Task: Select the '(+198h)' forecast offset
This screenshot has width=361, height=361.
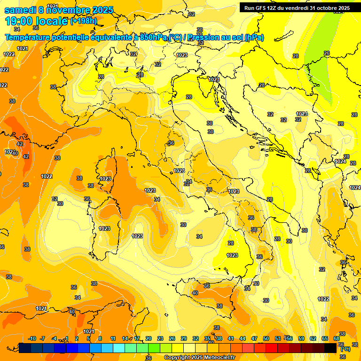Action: pos(83,21)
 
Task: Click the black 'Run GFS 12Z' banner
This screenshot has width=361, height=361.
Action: pos(297,8)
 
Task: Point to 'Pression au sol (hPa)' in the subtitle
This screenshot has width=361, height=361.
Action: pos(225,38)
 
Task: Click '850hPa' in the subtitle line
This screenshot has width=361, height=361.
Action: pos(153,38)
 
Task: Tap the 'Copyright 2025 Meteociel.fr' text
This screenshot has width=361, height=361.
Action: pos(199,357)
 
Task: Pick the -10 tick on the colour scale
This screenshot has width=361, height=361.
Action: pos(32,338)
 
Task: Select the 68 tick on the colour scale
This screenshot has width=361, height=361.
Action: pos(337,338)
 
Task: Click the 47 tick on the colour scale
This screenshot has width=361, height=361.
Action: pos(254,338)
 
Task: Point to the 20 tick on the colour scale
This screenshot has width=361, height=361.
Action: pos(149,338)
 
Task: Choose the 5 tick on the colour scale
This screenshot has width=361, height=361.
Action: pos(89,338)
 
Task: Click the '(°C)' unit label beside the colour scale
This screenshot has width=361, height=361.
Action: pos(345,349)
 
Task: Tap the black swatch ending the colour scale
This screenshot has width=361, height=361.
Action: pos(330,348)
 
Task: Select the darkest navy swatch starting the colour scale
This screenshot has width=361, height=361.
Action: pos(24,348)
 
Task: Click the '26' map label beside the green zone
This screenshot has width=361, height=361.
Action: pos(327,53)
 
